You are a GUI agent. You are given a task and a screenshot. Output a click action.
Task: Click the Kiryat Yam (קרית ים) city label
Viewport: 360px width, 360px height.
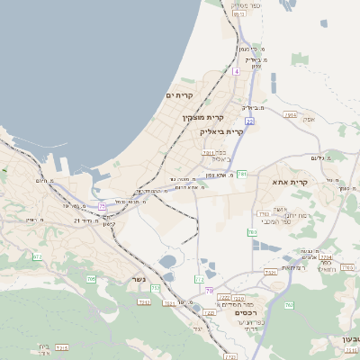pyautogui.click(x=180, y=95)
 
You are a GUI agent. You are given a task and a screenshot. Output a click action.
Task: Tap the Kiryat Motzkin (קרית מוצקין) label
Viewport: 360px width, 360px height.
pyautogui.click(x=203, y=117)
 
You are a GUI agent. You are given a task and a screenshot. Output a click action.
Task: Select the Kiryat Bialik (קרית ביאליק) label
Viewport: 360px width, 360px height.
pyautogui.click(x=220, y=131)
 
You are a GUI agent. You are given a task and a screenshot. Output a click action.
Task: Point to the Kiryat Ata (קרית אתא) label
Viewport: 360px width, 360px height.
pyautogui.click(x=290, y=182)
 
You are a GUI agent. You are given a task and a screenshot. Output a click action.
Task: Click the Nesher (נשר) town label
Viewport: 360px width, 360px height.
pyautogui.click(x=138, y=277)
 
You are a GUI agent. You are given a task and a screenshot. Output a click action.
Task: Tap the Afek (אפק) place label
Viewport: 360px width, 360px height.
pyautogui.click(x=310, y=119)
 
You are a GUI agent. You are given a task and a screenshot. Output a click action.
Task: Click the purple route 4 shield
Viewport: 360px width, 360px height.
pyautogui.click(x=236, y=70)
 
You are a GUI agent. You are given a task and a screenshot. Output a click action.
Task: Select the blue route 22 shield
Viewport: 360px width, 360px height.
pyautogui.click(x=249, y=121)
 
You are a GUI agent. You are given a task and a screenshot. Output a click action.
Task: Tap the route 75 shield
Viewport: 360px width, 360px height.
pyautogui.click(x=103, y=206)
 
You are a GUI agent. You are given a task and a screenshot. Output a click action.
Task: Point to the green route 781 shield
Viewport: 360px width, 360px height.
pyautogui.click(x=242, y=174)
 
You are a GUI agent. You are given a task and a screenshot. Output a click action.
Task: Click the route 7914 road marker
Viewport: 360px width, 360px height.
pyautogui.click(x=291, y=114)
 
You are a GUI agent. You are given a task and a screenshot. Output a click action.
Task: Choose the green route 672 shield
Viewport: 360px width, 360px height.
pyautogui.click(x=37, y=256)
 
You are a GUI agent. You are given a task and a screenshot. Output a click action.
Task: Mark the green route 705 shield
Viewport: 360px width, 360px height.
pyautogui.click(x=91, y=279)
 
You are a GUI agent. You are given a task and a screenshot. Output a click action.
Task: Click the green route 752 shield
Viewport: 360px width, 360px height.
pyautogui.click(x=156, y=288)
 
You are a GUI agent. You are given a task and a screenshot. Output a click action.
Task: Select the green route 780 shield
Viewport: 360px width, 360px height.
pyautogui.click(x=252, y=232)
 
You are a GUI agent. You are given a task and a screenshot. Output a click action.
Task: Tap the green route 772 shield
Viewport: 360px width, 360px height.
pyautogui.click(x=199, y=280)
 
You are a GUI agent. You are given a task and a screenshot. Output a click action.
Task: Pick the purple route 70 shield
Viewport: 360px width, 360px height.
pyautogui.click(x=210, y=291)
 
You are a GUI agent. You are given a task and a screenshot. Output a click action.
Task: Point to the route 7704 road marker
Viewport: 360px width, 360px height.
pyautogui.click(x=325, y=256)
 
